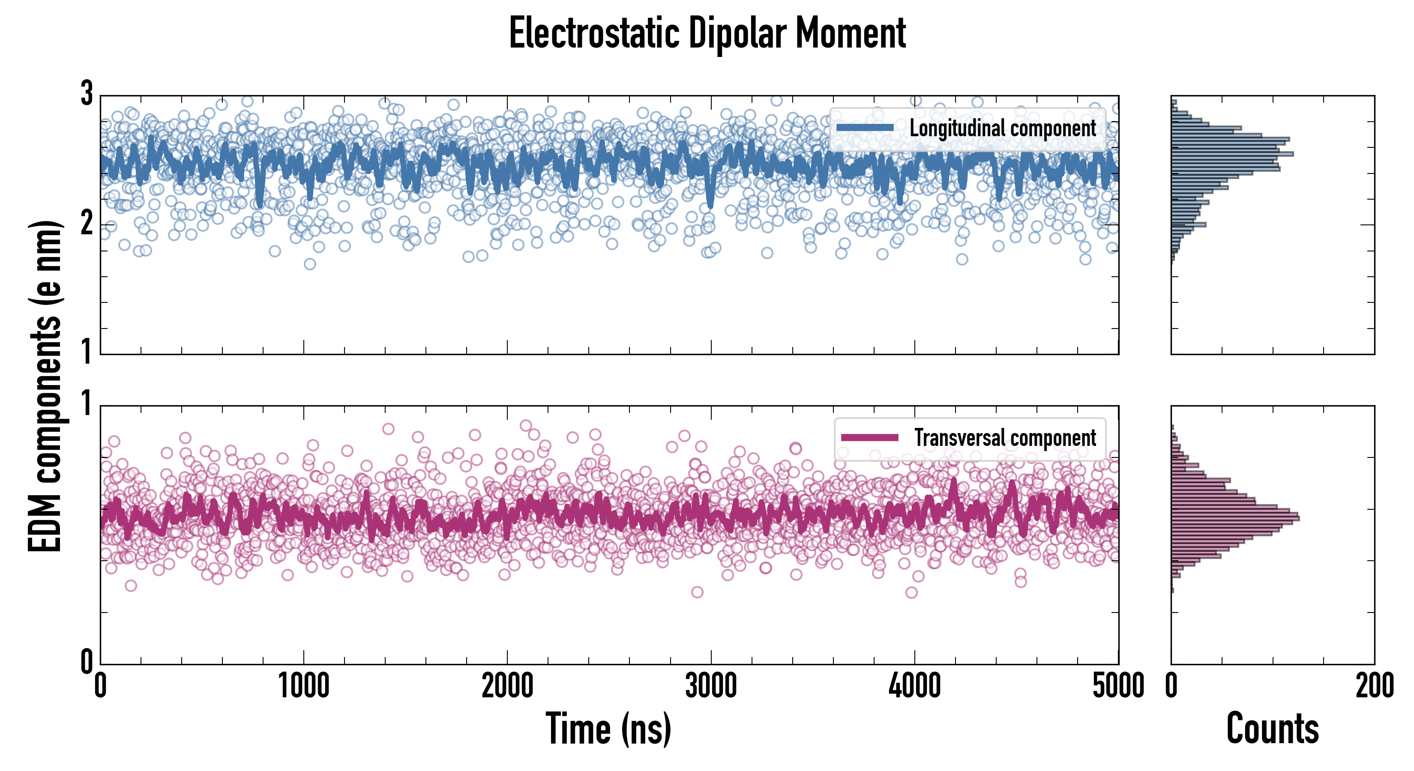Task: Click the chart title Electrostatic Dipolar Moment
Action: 707,34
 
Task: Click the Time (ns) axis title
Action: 608,728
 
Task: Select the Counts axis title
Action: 1272,728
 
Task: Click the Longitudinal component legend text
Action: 1002,128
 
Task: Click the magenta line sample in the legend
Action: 869,437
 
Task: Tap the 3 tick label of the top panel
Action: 87,94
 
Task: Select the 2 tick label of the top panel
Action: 87,223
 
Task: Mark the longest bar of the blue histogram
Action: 1232,154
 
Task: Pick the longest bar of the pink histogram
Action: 1235,518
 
